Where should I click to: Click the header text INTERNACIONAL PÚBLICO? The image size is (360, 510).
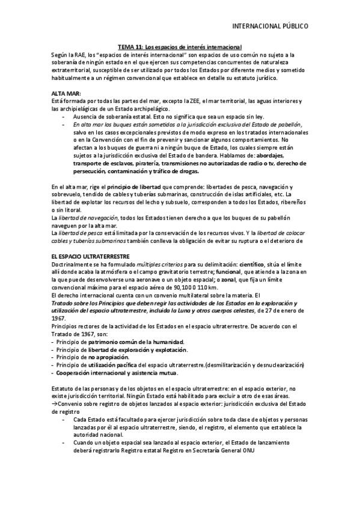pos(270,26)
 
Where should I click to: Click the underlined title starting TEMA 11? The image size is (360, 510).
pos(179,46)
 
